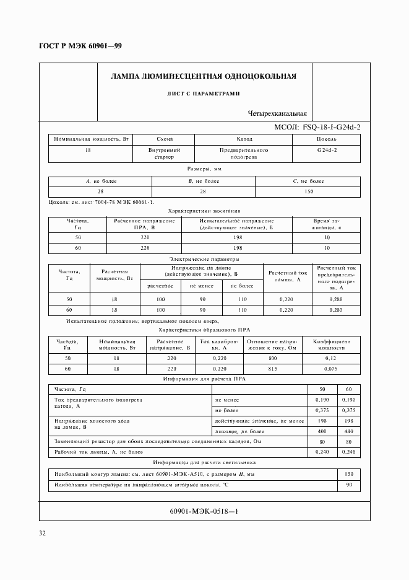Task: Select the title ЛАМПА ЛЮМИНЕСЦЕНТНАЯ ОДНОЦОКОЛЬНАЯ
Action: [204, 77]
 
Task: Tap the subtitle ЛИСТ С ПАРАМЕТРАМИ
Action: [204, 94]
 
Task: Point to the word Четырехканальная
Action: [277, 113]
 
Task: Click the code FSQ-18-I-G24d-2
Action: [332, 126]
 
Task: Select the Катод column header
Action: [244, 139]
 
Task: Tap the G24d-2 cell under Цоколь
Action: [327, 150]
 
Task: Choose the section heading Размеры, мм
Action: [204, 169]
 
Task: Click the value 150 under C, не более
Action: [308, 191]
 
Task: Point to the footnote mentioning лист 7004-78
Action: [101, 202]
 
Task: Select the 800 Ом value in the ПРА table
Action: [272, 358]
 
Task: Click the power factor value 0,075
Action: [331, 369]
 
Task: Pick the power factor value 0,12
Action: [331, 358]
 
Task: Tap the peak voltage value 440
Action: [349, 431]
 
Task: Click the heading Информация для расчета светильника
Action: [204, 463]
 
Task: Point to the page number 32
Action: [43, 533]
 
